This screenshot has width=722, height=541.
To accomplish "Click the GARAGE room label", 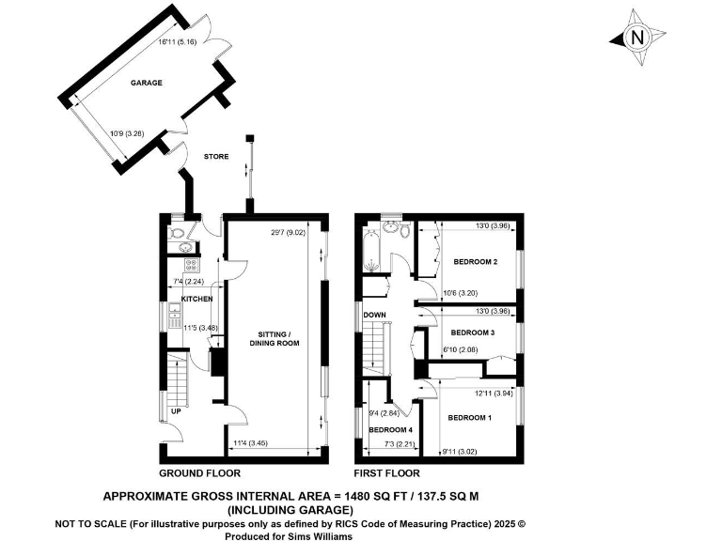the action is (146, 83).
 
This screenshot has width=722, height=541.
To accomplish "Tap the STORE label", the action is (217, 158).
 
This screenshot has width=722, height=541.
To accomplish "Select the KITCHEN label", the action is (197, 299).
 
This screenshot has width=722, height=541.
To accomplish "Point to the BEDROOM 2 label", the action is (475, 261).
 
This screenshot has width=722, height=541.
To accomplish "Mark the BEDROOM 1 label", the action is (470, 417).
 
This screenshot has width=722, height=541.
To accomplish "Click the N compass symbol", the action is (637, 39).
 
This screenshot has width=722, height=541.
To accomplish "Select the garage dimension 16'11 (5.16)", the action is (177, 43).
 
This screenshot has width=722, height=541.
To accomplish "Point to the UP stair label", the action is (175, 411).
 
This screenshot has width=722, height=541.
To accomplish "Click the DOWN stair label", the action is (375, 315).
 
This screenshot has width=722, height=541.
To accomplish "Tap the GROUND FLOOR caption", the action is (199, 473).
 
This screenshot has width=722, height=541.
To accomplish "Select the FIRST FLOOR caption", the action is (385, 473).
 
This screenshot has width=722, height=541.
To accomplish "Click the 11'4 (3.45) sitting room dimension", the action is (248, 442).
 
